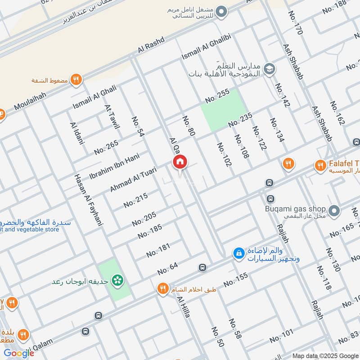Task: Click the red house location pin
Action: (180, 162)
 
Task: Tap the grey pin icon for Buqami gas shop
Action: (334, 210)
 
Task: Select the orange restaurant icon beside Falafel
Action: (320, 166)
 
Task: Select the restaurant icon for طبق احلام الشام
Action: (162, 289)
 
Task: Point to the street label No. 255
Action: (217, 95)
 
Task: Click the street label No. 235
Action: (240, 120)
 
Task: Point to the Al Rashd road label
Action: (150, 47)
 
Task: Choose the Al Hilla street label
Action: (184, 307)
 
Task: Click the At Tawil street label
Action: (112, 117)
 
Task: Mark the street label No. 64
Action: (168, 269)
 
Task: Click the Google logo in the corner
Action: (19, 353)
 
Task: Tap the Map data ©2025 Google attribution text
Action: (324, 355)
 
